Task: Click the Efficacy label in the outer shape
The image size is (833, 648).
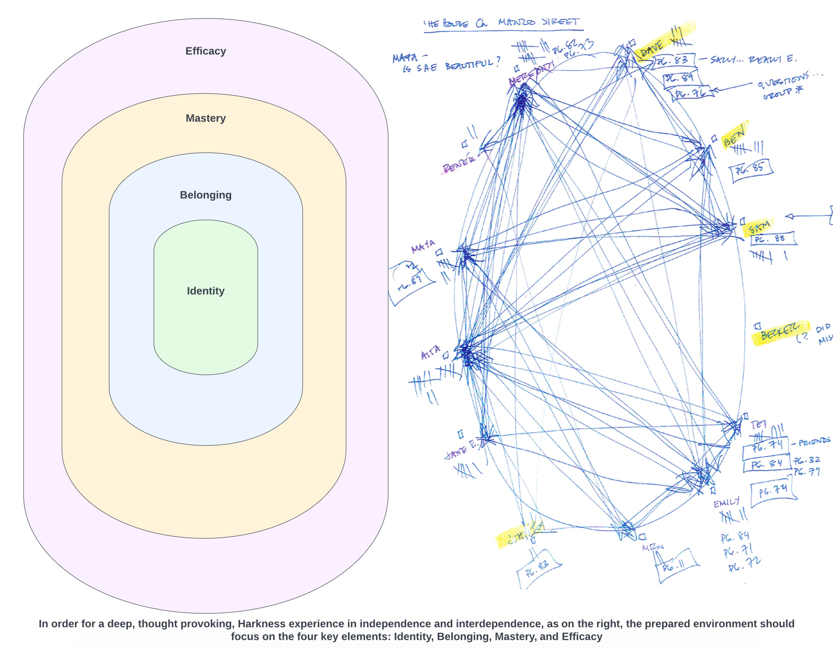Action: pos(206,51)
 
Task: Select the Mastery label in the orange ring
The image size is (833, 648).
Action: pos(206,118)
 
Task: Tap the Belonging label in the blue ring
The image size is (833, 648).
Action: pos(206,195)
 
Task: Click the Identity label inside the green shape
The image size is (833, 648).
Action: pos(206,291)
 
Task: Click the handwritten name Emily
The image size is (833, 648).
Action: pos(726,503)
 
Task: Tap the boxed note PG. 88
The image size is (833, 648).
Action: pos(772,239)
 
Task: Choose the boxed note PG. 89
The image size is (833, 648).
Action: pos(680,77)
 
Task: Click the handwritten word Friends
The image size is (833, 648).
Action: pos(814,442)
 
